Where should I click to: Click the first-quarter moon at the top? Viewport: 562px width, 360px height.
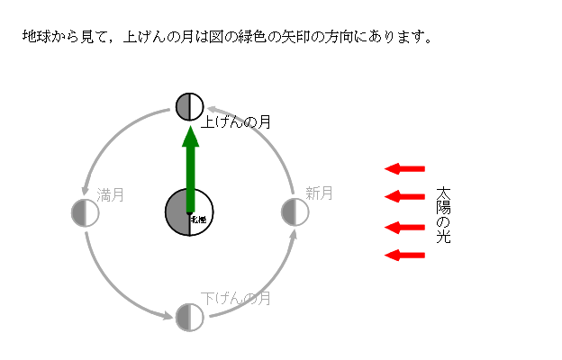click(189, 106)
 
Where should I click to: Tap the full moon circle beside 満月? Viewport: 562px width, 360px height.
click(85, 212)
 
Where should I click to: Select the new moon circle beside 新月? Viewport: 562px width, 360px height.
click(295, 212)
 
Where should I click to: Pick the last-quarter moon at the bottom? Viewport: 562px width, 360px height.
click(189, 317)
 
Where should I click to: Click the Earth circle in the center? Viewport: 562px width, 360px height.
click(189, 212)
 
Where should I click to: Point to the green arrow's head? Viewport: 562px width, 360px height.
click(190, 136)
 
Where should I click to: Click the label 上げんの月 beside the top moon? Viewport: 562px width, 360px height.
click(237, 121)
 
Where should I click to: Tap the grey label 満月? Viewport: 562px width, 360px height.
click(111, 193)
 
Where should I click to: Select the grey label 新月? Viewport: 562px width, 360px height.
click(319, 193)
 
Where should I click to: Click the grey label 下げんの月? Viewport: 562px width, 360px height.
click(236, 298)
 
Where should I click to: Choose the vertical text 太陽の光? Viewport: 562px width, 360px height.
click(442, 216)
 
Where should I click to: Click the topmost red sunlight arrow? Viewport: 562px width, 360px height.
click(404, 168)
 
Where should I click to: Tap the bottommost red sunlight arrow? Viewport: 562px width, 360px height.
click(404, 256)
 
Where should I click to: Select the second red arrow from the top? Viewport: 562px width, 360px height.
click(404, 197)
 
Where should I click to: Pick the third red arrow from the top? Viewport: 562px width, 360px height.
click(404, 227)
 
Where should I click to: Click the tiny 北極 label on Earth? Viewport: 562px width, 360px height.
click(198, 218)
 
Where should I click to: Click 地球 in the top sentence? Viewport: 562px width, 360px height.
click(35, 38)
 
